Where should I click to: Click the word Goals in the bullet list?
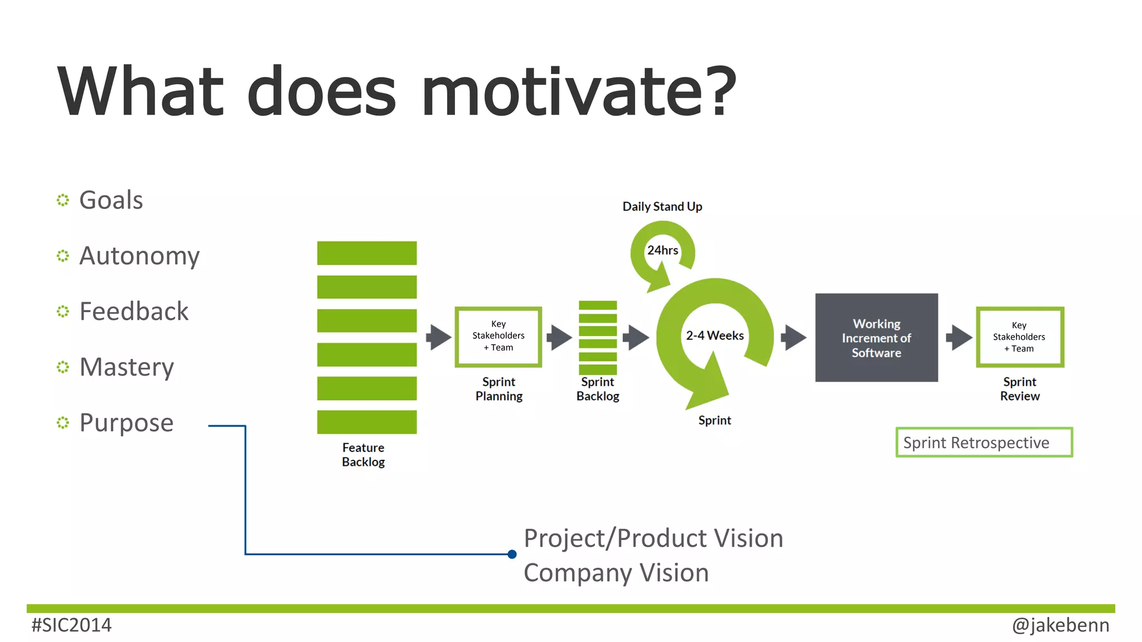click(x=111, y=200)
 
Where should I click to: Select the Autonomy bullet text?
click(x=139, y=256)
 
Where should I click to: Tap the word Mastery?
click(x=127, y=367)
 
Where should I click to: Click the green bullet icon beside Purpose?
click(x=63, y=422)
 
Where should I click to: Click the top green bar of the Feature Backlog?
click(x=366, y=253)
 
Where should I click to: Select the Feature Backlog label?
click(x=363, y=455)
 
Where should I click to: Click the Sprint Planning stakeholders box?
click(x=498, y=336)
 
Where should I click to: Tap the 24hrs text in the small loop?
click(x=662, y=250)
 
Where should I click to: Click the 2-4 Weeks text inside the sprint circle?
click(x=714, y=335)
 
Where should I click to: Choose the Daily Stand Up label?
click(x=662, y=207)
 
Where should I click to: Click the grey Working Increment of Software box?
click(x=876, y=338)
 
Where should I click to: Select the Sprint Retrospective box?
click(x=984, y=442)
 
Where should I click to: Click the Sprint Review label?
click(x=1019, y=389)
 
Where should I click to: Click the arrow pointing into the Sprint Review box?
click(x=959, y=337)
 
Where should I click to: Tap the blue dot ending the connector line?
click(x=512, y=554)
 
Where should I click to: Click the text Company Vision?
click(x=616, y=573)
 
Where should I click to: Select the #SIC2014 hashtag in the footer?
click(x=71, y=625)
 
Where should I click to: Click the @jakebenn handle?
click(x=1060, y=625)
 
